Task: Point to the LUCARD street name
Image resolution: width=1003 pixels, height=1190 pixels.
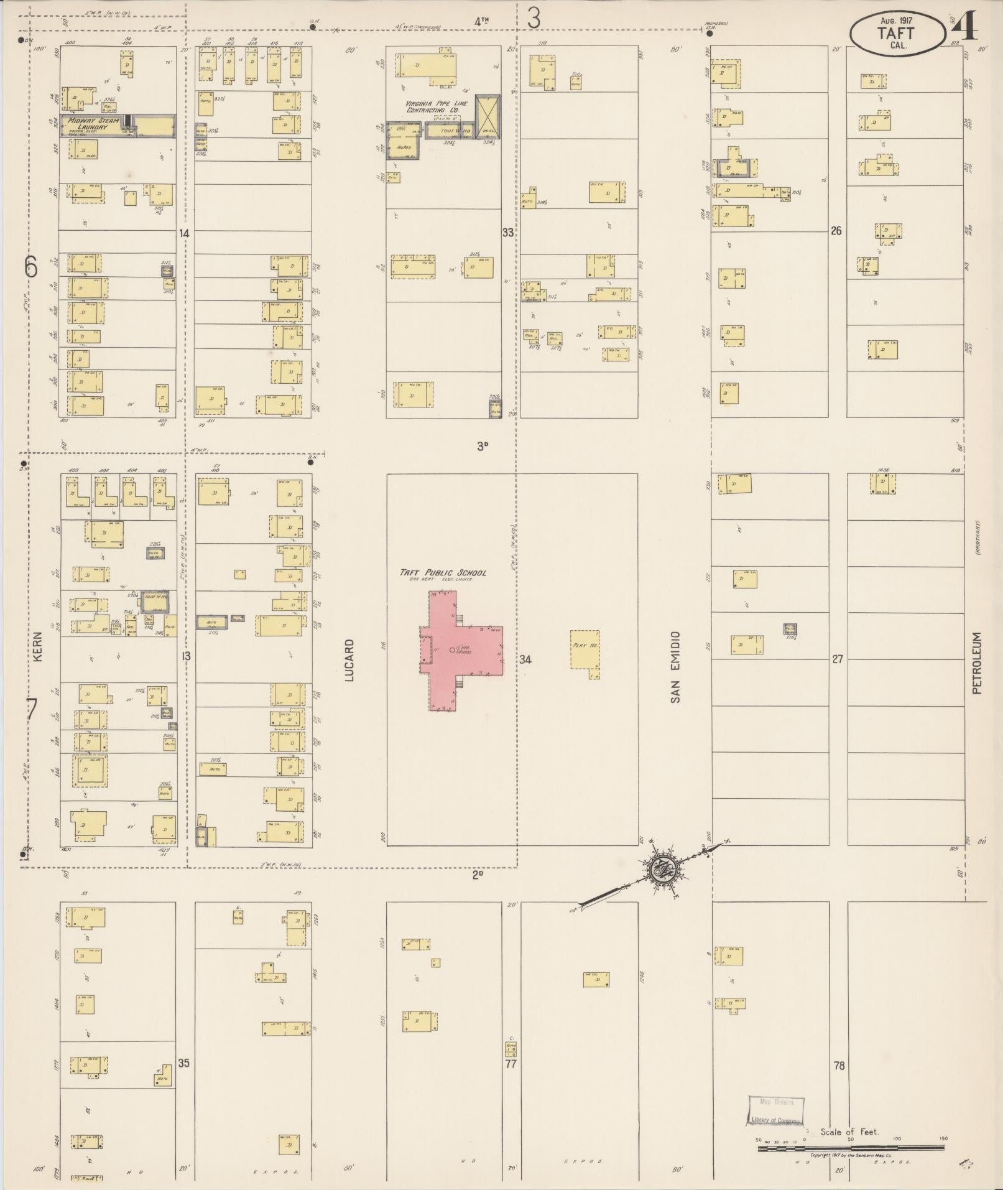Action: [349, 659]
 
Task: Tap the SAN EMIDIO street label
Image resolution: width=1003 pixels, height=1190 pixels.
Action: [675, 667]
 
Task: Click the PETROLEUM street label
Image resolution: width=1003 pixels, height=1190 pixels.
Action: [977, 663]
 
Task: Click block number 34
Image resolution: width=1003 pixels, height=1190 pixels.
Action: [525, 659]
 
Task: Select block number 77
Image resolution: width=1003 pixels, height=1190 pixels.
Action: [511, 1064]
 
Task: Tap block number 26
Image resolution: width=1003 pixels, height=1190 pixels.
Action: [836, 231]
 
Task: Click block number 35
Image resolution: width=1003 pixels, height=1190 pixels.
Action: [183, 1062]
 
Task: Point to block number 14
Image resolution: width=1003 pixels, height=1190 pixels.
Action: [184, 233]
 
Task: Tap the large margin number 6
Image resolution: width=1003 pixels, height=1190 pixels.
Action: [31, 267]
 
